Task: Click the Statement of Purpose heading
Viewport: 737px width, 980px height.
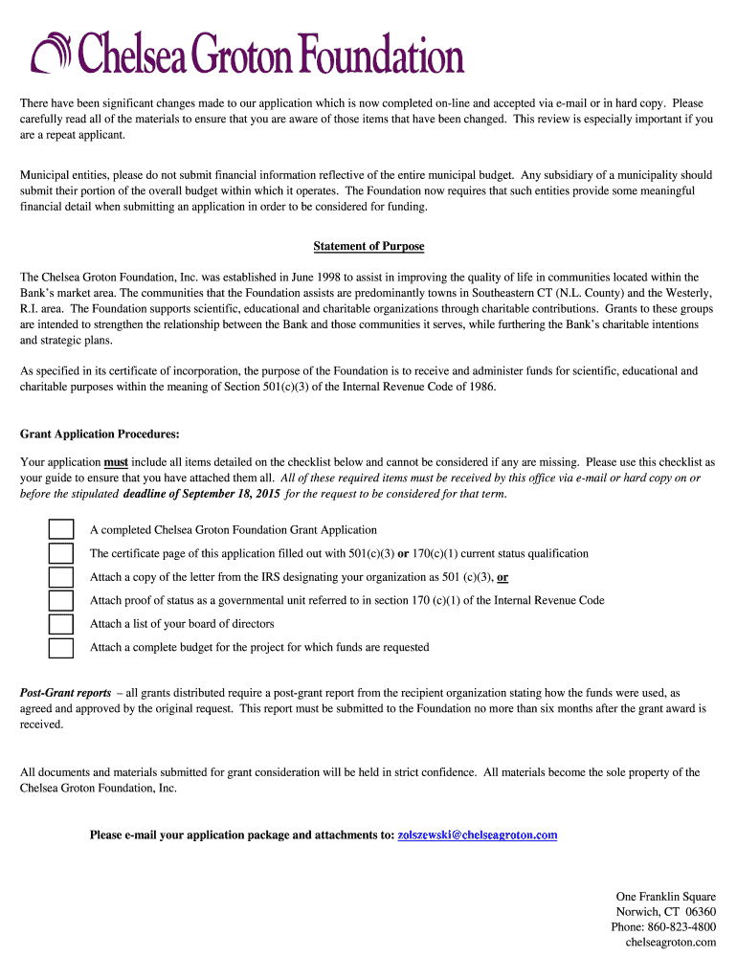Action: pos(368,246)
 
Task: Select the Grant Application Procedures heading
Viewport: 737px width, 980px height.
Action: pos(100,434)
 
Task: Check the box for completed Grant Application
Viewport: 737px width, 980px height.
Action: pos(60,530)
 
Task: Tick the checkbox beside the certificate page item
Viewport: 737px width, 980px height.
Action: pos(60,553)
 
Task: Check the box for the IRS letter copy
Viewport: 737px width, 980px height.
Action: pos(60,577)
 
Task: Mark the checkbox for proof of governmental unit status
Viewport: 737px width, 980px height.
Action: pos(60,601)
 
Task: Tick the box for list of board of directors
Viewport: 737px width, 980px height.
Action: pos(60,624)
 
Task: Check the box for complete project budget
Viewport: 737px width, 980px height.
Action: pos(60,648)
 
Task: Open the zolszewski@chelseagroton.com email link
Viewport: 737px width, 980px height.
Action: pos(477,835)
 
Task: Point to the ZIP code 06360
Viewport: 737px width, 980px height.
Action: pos(701,912)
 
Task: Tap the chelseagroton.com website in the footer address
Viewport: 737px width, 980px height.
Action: pos(670,943)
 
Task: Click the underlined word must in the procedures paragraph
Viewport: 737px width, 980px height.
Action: pos(116,462)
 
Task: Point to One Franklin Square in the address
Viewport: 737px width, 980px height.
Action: pos(665,897)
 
